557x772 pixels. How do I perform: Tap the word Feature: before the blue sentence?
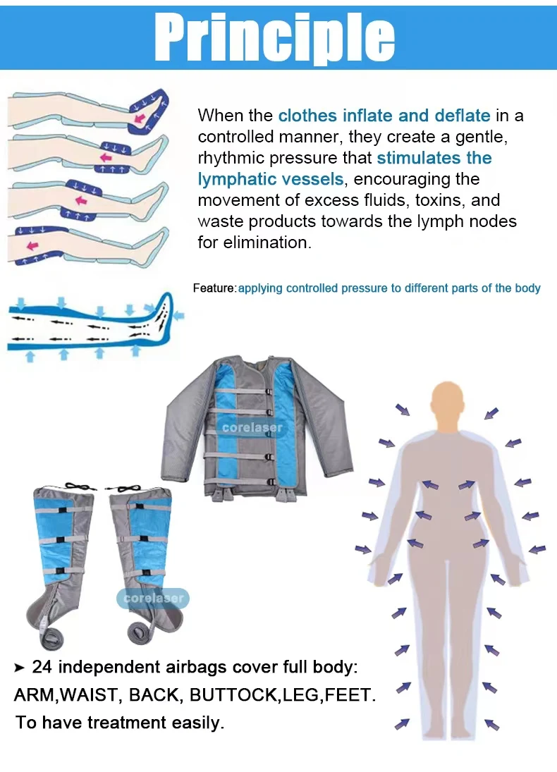[x=214, y=288]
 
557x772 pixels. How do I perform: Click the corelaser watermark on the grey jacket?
[x=252, y=427]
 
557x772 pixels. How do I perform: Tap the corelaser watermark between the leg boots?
[x=153, y=598]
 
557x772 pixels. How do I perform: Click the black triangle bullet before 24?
[x=20, y=667]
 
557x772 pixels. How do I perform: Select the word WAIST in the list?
[x=87, y=695]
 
